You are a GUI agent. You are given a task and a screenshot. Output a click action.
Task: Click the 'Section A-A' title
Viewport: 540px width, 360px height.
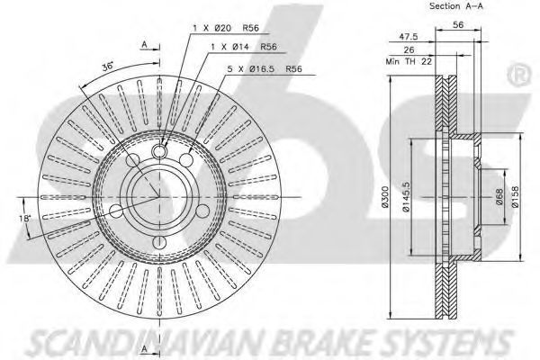click(456, 6)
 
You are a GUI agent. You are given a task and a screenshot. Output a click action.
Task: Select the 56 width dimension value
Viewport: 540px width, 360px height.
click(458, 25)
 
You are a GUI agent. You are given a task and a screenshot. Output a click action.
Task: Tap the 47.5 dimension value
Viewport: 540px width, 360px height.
click(409, 36)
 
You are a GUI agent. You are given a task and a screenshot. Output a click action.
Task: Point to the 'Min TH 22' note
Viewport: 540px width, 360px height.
click(409, 62)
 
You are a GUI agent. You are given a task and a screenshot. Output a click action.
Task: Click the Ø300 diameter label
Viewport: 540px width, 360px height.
click(385, 197)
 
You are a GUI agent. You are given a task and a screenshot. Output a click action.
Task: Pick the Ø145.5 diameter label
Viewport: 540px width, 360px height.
click(407, 197)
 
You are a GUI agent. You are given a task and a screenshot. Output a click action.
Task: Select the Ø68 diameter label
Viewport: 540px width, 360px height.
click(499, 197)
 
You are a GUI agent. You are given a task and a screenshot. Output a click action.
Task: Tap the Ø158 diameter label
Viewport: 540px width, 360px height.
click(515, 197)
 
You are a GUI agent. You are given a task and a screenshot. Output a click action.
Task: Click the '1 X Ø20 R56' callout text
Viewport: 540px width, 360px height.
click(226, 28)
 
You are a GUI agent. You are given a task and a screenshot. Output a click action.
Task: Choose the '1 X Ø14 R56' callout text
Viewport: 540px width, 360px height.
click(244, 47)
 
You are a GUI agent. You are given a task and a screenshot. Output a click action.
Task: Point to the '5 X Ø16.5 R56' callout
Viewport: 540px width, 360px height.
click(265, 69)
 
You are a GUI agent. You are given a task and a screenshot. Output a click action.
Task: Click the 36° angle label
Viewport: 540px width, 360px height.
click(108, 66)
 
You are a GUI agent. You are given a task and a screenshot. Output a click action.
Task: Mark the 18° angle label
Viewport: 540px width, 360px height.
click(25, 219)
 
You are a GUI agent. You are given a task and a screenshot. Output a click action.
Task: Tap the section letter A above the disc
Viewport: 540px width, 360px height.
click(145, 44)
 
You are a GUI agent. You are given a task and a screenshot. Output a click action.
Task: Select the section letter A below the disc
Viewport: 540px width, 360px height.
click(145, 349)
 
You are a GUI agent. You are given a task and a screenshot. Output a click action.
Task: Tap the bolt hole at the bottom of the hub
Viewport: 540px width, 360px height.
click(159, 242)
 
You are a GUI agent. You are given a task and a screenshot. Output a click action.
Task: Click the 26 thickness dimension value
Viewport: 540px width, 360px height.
click(409, 50)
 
